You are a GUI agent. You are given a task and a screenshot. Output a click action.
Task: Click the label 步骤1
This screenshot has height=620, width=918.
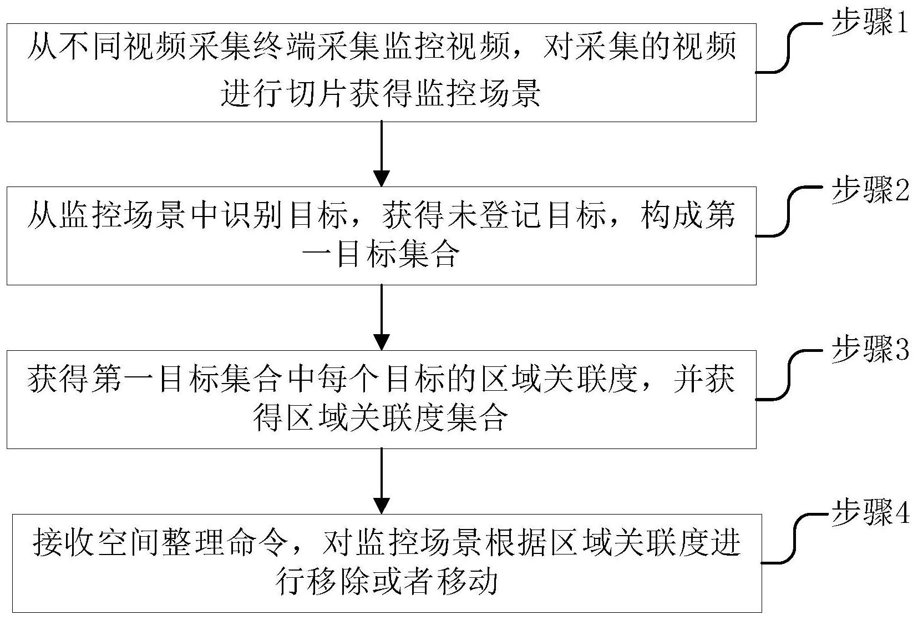pos(870,23)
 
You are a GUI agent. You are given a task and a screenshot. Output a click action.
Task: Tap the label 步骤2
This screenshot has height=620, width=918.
pos(870,189)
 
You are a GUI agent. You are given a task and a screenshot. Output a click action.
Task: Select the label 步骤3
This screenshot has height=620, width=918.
pos(870,349)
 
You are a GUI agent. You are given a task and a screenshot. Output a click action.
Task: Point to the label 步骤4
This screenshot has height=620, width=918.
pos(870,512)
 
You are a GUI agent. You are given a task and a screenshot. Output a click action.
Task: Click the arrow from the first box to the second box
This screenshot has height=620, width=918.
pos(382,154)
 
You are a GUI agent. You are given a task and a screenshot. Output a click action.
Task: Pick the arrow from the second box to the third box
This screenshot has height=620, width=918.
pos(382,317)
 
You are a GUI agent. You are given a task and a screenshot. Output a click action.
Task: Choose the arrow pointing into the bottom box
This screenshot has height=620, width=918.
pos(382,481)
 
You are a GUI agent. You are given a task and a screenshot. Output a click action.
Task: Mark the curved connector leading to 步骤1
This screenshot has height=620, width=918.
pos(789,48)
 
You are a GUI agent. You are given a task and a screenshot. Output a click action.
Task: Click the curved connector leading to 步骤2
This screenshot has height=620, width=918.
pos(789,211)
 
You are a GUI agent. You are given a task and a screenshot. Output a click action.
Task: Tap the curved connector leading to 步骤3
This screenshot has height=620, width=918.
pos(789,375)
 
